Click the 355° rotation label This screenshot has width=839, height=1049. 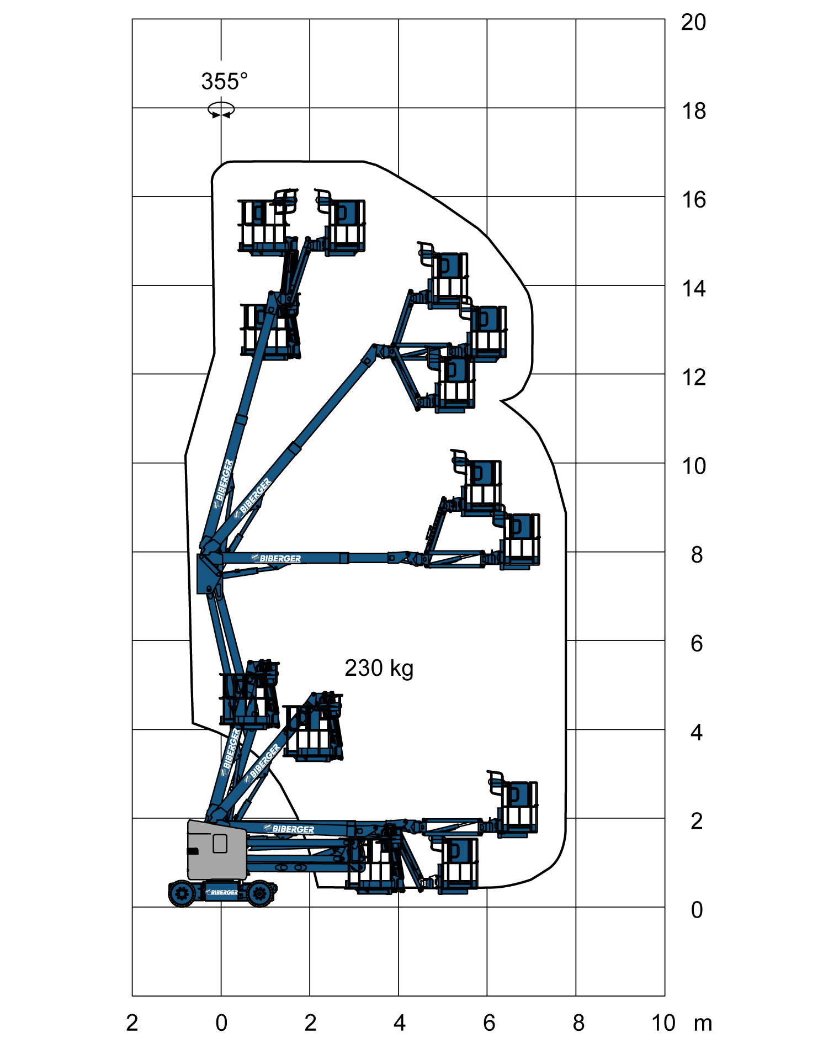(224, 82)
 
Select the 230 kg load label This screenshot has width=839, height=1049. (379, 668)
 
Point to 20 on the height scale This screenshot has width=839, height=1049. (693, 23)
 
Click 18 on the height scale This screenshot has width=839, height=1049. (694, 112)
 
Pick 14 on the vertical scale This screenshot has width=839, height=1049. (694, 289)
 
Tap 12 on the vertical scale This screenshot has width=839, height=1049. (694, 378)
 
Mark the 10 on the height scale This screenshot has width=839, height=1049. (694, 467)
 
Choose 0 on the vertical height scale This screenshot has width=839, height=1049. (697, 910)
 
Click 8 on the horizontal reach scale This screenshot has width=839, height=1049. (578, 1023)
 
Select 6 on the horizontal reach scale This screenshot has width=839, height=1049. (489, 1023)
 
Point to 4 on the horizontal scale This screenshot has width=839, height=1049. (400, 1023)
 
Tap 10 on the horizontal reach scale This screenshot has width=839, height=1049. (663, 1023)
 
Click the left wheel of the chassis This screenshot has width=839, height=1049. (182, 893)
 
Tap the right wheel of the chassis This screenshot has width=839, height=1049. (259, 893)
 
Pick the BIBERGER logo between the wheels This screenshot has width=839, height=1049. (222, 892)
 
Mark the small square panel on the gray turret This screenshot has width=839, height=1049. (220, 844)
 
